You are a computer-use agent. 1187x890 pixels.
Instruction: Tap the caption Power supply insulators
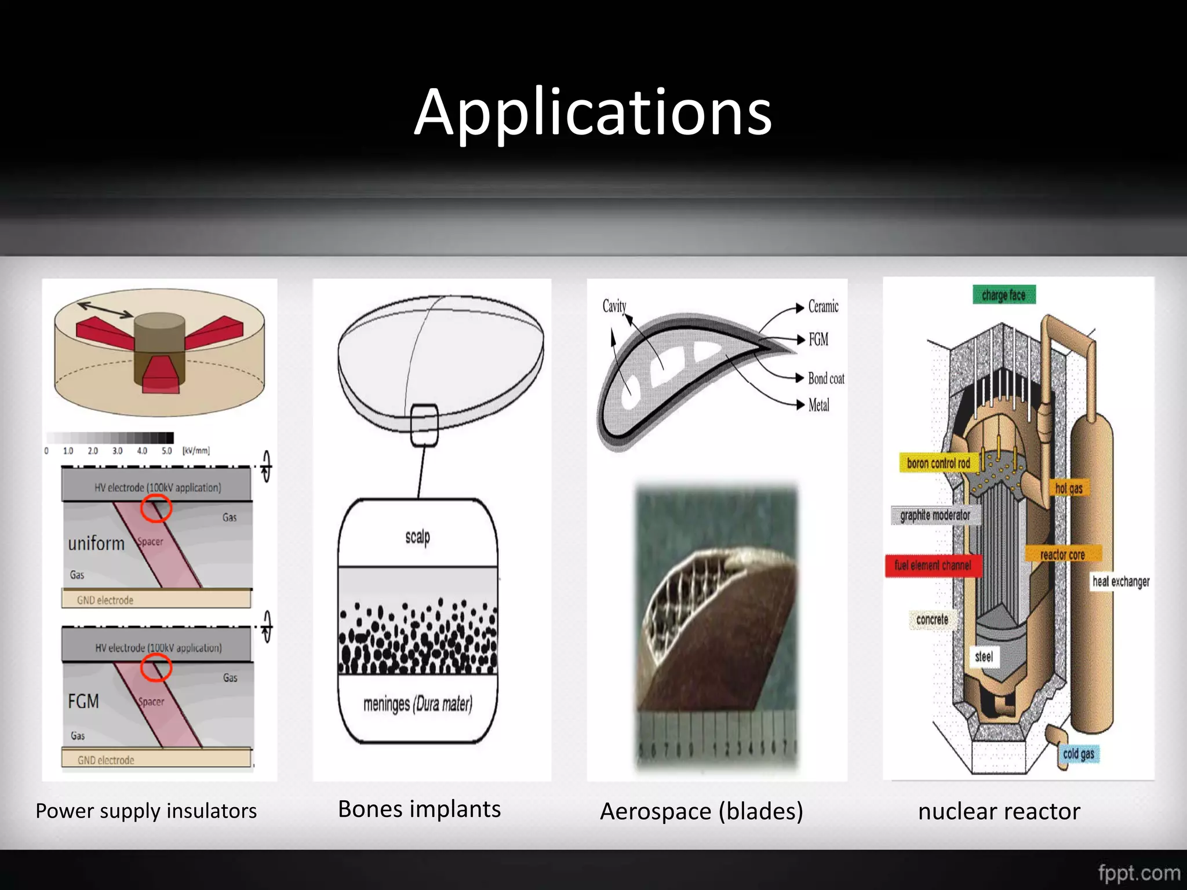point(146,811)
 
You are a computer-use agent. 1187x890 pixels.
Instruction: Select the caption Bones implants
point(419,809)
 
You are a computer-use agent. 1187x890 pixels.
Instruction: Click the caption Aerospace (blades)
point(701,811)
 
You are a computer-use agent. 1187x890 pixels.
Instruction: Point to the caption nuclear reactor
point(999,811)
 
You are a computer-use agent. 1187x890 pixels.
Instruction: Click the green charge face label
point(1004,295)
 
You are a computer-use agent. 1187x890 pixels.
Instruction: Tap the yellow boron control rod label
point(938,464)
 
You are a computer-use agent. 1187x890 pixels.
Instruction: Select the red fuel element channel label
point(933,566)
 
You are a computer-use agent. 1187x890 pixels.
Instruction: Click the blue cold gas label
point(1079,754)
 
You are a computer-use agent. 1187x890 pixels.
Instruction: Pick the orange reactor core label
point(1062,555)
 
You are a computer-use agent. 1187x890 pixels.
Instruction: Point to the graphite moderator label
point(935,515)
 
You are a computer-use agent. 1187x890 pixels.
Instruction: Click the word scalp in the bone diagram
point(417,537)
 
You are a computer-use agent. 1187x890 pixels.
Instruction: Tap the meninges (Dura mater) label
point(417,704)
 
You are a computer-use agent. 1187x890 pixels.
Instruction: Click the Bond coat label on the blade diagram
point(826,378)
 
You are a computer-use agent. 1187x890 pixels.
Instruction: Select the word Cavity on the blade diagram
point(614,306)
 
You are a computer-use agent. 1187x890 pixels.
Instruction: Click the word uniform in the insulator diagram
point(96,544)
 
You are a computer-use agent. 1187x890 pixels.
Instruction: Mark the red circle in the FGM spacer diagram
point(156,668)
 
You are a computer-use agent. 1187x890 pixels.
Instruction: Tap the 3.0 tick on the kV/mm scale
point(118,451)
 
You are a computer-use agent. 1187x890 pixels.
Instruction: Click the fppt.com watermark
point(1139,873)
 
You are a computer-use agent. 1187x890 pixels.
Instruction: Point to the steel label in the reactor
point(984,657)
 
